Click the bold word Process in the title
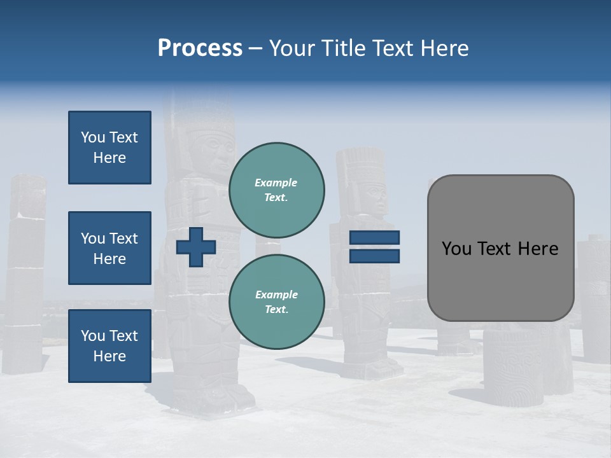200,48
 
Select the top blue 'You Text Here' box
109,148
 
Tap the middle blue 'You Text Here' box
109,248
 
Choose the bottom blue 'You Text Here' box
109,345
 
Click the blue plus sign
196,247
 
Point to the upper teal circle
276,190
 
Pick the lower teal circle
276,302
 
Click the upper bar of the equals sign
374,238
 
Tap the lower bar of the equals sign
374,256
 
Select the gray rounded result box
500,248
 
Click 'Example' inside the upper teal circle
276,183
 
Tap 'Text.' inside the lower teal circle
276,310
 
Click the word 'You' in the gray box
456,249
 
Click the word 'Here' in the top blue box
109,158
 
